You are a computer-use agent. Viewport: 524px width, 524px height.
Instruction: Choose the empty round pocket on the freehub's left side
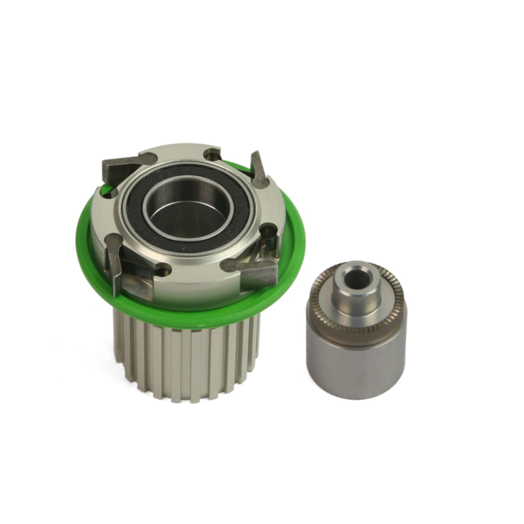(x=110, y=194)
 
